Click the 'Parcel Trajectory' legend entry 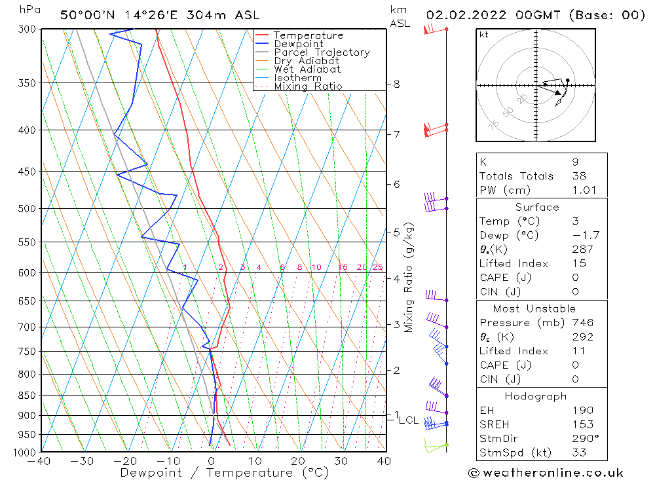(322, 52)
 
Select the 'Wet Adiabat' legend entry (307, 69)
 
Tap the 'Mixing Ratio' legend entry (308, 86)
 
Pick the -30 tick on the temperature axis (83, 462)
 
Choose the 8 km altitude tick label (396, 84)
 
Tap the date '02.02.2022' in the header (462, 14)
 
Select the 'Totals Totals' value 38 (580, 176)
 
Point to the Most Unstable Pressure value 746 (582, 323)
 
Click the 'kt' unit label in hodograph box (484, 35)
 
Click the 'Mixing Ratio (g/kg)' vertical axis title (409, 277)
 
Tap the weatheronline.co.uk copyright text (546, 473)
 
